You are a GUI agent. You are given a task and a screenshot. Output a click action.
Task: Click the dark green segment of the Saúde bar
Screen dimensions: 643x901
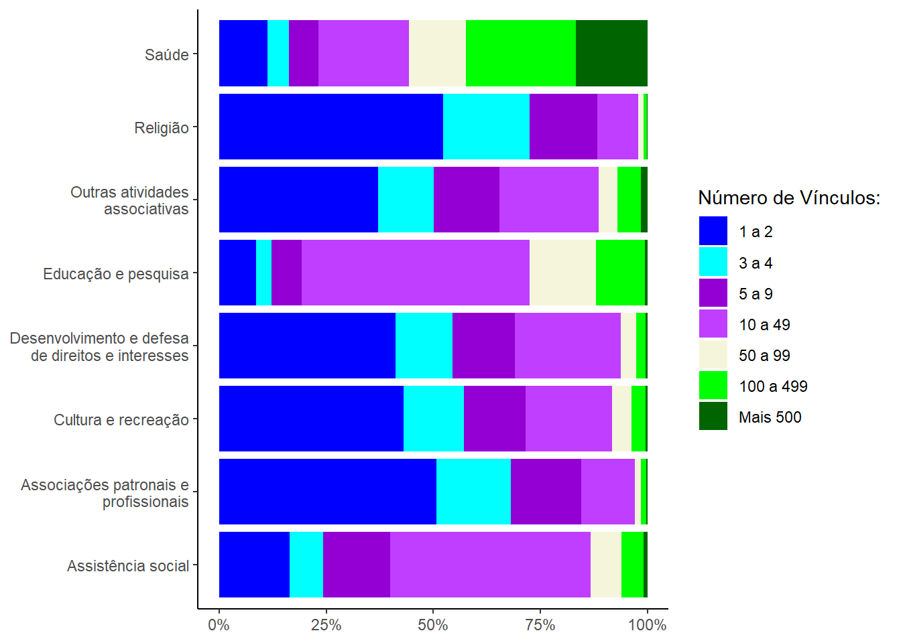point(611,54)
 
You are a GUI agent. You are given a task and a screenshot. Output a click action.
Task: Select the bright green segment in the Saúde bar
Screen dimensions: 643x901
point(521,54)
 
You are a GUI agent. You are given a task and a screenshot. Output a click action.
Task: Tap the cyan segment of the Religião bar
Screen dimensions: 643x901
point(486,127)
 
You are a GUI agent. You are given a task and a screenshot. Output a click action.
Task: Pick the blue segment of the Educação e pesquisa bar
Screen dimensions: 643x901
point(237,273)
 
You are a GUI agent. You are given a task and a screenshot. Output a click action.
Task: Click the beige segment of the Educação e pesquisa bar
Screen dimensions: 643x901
point(562,273)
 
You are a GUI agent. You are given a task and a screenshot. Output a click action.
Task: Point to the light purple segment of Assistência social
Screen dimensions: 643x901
point(490,565)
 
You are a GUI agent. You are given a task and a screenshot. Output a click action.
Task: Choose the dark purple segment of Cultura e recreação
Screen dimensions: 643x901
point(495,419)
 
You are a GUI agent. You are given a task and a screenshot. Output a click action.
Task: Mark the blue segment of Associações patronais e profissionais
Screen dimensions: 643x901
point(328,492)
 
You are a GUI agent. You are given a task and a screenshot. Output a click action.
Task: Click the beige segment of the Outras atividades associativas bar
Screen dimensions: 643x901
point(608,200)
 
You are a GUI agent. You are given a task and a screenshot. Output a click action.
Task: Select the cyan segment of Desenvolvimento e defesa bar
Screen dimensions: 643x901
point(424,346)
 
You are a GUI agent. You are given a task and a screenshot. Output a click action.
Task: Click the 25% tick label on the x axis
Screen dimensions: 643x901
point(326,626)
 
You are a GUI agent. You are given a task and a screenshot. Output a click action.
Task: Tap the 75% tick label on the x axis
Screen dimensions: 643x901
point(540,626)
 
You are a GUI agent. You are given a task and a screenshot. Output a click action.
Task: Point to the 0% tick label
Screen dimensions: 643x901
point(219,626)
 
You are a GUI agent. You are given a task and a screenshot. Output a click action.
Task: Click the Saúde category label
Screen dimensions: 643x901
point(167,54)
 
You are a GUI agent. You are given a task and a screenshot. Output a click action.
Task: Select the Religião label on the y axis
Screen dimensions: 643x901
point(162,127)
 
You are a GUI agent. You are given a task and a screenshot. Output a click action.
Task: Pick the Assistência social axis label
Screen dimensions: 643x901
point(128,566)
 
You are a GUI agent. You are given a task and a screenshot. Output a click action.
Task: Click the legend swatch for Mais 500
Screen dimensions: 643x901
point(713,417)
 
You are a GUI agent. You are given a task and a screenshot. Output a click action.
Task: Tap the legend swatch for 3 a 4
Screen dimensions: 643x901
point(713,263)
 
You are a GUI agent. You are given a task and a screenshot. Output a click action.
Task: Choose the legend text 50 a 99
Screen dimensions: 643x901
point(764,356)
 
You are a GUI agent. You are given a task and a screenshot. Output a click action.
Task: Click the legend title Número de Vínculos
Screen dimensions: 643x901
point(789,198)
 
